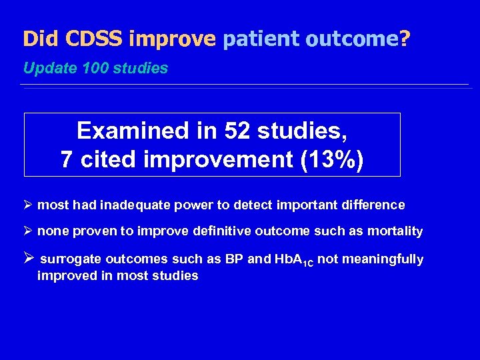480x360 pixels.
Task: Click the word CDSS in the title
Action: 94,39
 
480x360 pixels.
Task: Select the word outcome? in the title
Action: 358,39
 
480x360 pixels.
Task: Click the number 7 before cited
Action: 67,159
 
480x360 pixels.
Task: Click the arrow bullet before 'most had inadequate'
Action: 28,205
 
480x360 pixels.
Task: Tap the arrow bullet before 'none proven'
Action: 28,231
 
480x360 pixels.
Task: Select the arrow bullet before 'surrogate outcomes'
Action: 29,259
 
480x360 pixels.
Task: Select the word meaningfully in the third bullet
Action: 382,259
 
